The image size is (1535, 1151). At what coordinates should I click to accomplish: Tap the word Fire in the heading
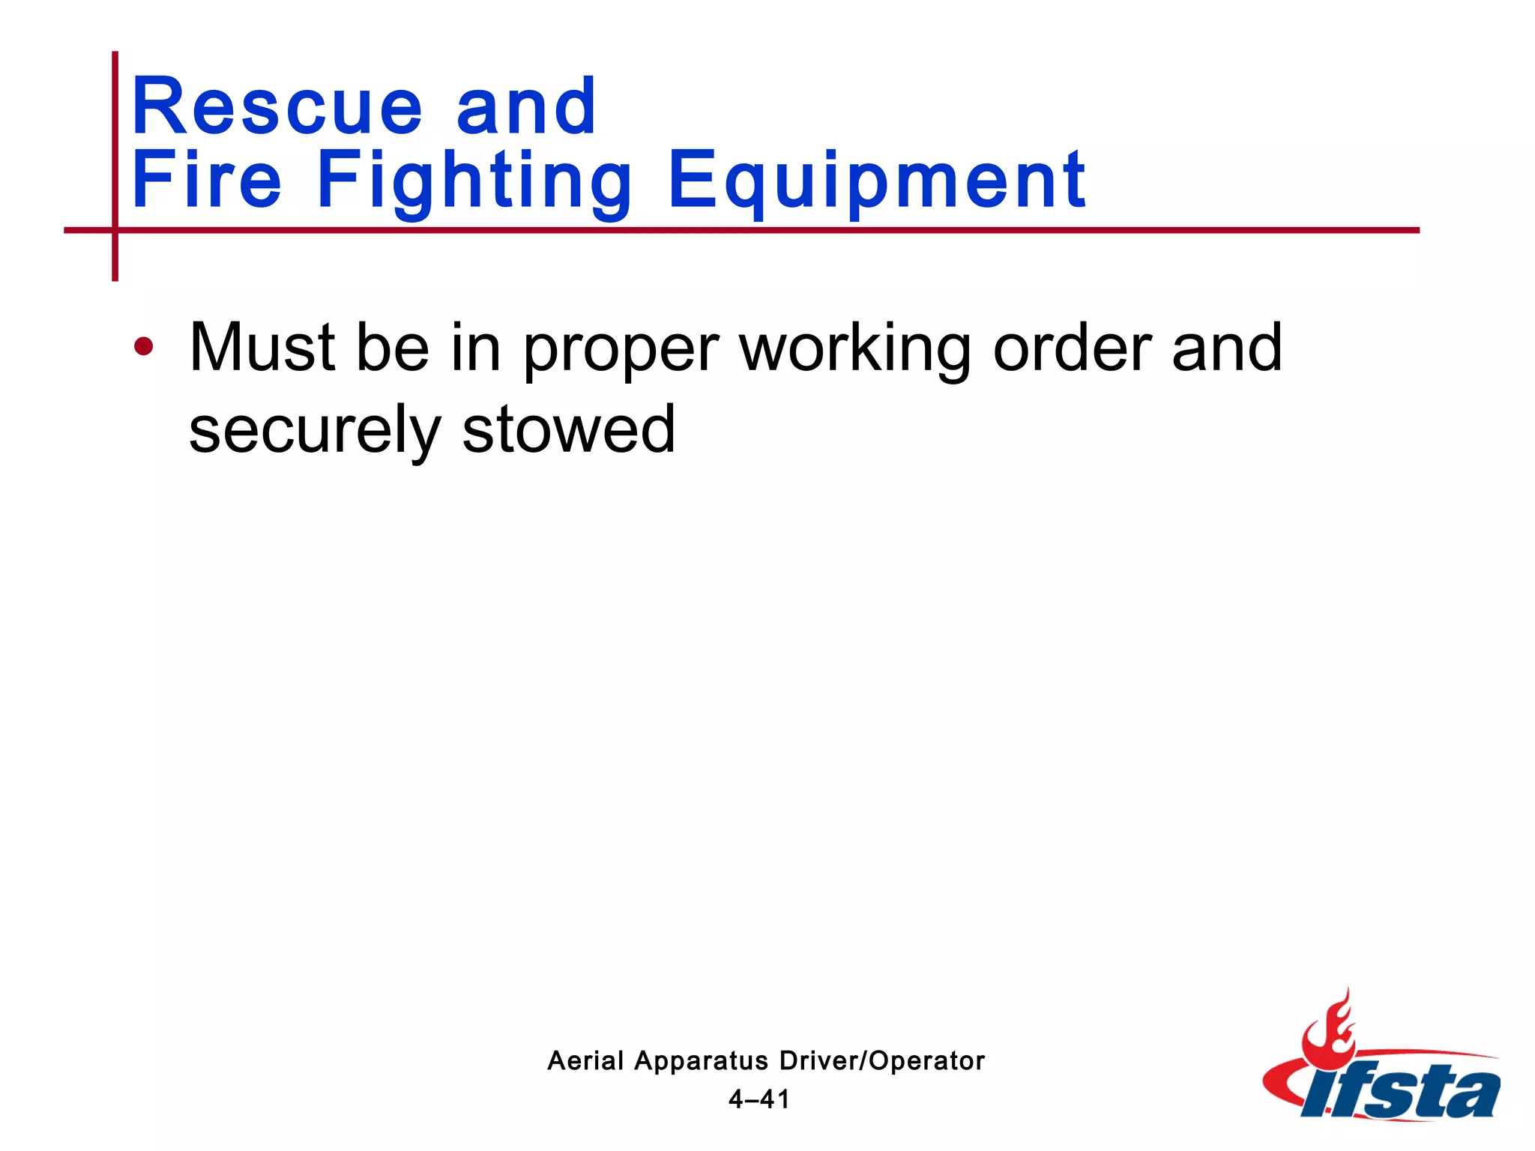(207, 180)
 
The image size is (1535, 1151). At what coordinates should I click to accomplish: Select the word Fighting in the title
(474, 182)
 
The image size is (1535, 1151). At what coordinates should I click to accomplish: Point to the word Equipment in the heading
(876, 182)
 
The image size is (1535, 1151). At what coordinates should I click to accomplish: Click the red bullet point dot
(143, 347)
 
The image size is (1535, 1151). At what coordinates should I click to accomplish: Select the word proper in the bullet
(621, 351)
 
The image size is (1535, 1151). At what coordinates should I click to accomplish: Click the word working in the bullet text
(855, 351)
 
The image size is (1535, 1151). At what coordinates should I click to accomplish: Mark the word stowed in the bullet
(569, 429)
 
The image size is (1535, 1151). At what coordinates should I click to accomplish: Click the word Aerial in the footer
(585, 1060)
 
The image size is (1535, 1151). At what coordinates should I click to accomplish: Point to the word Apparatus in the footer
(701, 1062)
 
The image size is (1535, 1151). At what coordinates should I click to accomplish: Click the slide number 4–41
(759, 1099)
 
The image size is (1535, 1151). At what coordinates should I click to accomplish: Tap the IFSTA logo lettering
(1401, 1092)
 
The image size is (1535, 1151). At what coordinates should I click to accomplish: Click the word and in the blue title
(526, 107)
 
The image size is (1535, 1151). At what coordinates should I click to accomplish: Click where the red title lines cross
(115, 230)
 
